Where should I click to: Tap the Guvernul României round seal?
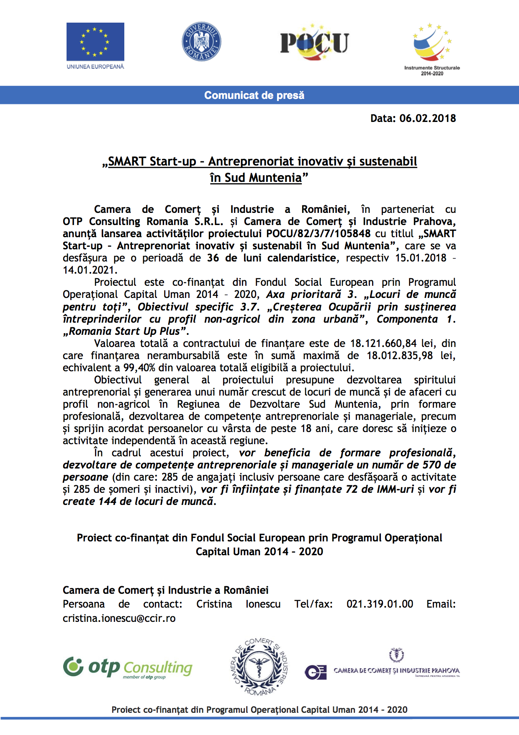point(201,41)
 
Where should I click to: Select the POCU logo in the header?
point(314,42)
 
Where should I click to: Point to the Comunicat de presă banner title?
point(254,95)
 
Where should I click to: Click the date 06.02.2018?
point(427,118)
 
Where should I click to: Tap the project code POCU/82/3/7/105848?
point(318,233)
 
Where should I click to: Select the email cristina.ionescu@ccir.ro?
point(119,618)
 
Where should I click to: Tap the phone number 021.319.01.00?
point(380,604)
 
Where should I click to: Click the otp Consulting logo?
point(128,667)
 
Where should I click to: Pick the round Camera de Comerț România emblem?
point(259,667)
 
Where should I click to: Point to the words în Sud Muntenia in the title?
point(256,178)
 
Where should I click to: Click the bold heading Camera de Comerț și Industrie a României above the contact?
point(165,590)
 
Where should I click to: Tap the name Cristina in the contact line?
point(214,604)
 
